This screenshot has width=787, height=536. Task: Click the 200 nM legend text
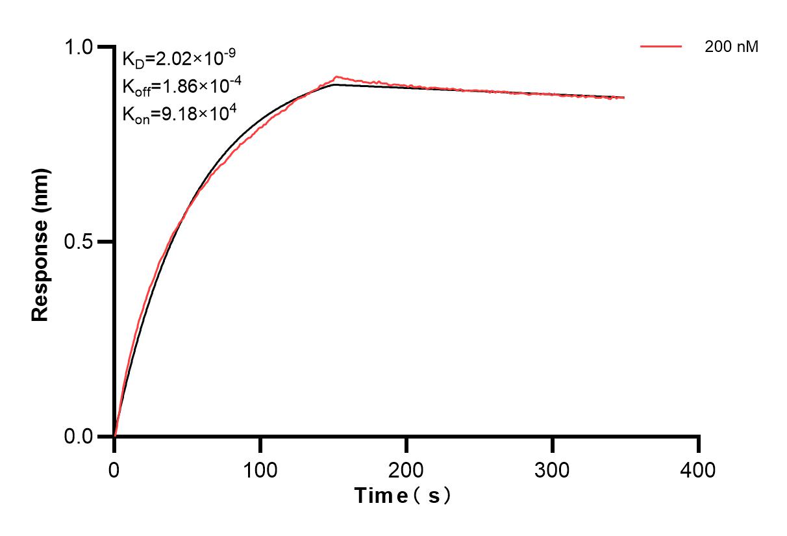click(x=731, y=47)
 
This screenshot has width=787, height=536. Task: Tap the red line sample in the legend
click(x=660, y=47)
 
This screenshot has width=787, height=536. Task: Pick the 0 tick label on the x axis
click(x=114, y=469)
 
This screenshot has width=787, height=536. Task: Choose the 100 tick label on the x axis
click(x=260, y=469)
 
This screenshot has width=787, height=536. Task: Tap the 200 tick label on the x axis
click(x=406, y=469)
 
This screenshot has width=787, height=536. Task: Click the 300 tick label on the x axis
click(x=552, y=469)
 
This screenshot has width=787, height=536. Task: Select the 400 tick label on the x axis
click(x=698, y=469)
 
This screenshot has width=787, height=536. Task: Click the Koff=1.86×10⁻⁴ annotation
click(x=179, y=86)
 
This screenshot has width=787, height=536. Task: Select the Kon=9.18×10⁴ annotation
click(x=179, y=114)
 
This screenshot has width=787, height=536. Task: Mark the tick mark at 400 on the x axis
click(x=699, y=444)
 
